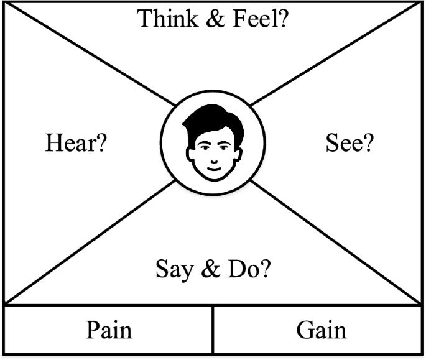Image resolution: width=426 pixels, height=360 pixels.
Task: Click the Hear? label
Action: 76,144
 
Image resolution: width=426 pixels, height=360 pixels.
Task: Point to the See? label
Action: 350,144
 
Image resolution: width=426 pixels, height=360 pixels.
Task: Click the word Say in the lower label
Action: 172,271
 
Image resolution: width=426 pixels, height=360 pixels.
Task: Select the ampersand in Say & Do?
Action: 210,271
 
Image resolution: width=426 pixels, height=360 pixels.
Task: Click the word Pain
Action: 109,329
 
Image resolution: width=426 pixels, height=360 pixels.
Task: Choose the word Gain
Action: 321,329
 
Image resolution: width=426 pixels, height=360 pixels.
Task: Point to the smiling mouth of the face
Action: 213,167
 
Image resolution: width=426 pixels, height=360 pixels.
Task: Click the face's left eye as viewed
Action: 203,146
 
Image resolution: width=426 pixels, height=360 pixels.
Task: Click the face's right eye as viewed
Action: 223,146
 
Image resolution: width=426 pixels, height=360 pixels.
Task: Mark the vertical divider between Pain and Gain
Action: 213,330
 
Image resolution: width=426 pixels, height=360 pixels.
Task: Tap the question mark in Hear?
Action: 101,144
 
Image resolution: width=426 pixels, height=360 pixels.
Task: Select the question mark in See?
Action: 368,144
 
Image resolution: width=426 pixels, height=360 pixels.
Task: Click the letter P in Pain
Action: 93,329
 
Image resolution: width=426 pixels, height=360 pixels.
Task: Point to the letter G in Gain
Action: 304,329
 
